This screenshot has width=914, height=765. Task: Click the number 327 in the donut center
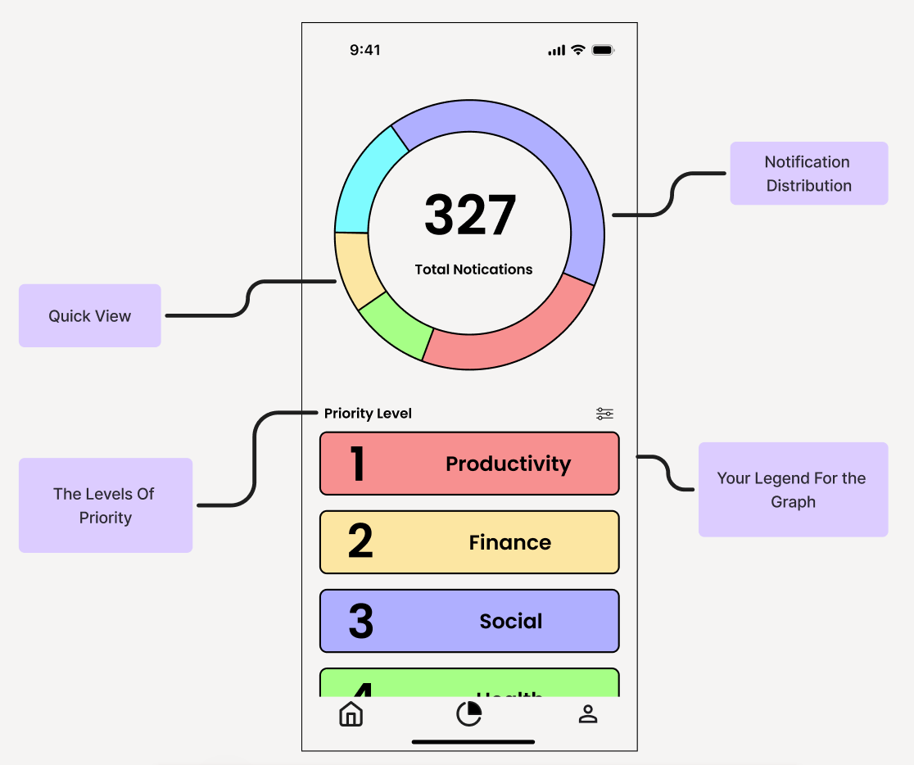point(470,215)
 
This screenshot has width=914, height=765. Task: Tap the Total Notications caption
point(473,269)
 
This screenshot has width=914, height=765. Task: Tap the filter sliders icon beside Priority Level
point(604,414)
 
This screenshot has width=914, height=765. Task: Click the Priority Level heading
point(368,414)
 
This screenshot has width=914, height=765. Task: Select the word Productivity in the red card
point(508,464)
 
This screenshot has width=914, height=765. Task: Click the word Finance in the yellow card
point(509,542)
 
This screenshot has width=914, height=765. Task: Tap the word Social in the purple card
point(511,622)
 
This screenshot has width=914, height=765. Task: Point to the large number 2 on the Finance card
point(360,541)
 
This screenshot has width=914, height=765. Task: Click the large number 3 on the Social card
point(360,622)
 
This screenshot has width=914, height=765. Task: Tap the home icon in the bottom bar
point(351,714)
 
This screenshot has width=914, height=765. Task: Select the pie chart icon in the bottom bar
point(468,714)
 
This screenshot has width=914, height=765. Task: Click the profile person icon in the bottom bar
point(588,714)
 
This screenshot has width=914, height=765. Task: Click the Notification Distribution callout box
point(808,174)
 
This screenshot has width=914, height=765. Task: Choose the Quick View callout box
point(89,316)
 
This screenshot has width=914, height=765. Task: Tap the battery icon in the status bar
point(603,50)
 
